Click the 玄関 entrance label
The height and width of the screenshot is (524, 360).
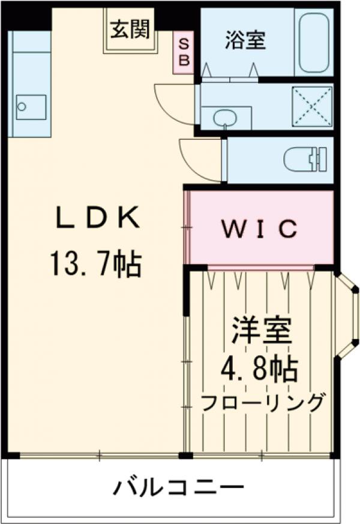click(x=130, y=28)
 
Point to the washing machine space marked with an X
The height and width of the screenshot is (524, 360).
click(x=311, y=106)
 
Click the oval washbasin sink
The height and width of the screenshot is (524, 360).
click(x=226, y=116)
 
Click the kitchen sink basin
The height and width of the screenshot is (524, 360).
click(x=30, y=107)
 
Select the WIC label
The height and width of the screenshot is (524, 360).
click(x=260, y=228)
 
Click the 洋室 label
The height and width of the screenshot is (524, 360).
click(x=262, y=331)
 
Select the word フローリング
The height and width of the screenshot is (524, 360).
click(x=263, y=402)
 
